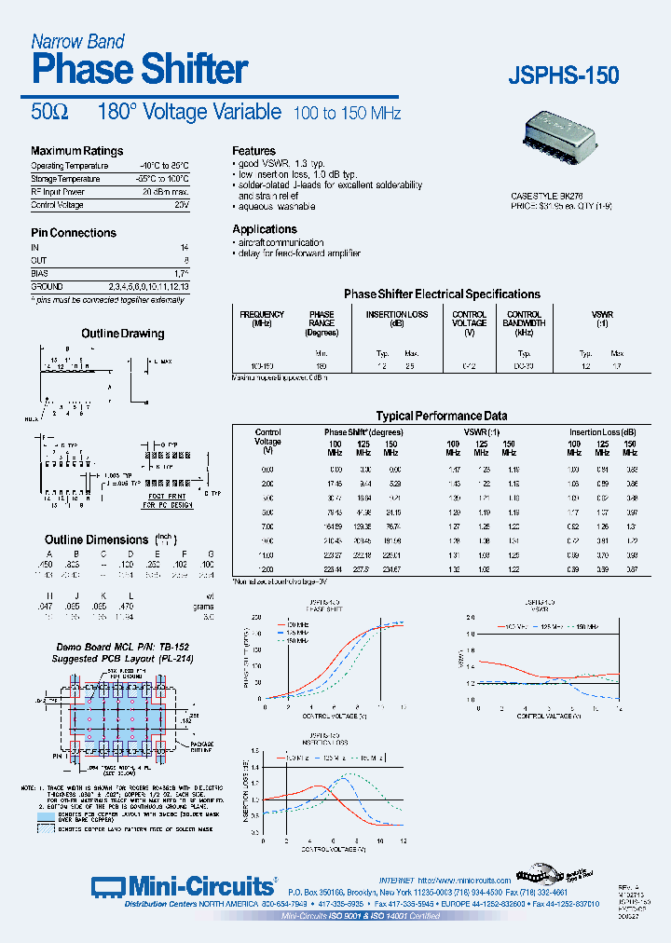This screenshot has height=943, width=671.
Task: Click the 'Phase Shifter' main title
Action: click(x=140, y=69)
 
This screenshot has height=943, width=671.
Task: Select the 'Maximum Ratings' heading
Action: click(x=76, y=151)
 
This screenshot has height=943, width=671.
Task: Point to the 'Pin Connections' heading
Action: click(x=74, y=233)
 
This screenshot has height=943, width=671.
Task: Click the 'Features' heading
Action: click(x=253, y=151)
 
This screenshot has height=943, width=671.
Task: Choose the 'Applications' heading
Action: click(x=265, y=229)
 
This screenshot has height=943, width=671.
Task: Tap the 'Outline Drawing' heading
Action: click(x=123, y=334)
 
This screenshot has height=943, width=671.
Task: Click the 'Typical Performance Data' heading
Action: click(x=441, y=417)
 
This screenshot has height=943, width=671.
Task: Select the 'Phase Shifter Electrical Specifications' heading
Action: click(x=442, y=294)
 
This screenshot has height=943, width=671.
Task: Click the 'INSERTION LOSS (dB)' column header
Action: click(x=396, y=320)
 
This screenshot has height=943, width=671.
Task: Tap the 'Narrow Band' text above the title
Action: click(x=77, y=41)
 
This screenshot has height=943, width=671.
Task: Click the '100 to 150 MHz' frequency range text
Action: click(x=347, y=114)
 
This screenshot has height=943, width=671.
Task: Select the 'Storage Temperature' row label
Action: click(x=65, y=178)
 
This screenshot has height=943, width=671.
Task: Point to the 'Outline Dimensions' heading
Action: click(x=96, y=540)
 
